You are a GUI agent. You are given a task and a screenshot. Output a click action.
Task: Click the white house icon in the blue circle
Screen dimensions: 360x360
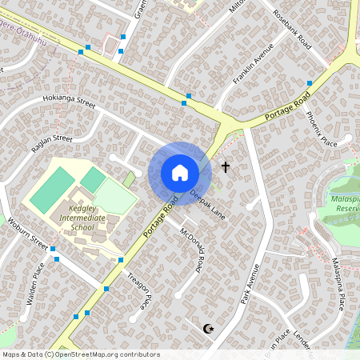[180, 173]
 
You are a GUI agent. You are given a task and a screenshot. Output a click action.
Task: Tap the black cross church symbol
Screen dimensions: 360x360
[226, 167]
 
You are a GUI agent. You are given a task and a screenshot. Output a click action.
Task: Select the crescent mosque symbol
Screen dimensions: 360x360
[210, 328]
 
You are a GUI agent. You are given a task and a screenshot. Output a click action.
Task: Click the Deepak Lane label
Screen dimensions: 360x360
[208, 204]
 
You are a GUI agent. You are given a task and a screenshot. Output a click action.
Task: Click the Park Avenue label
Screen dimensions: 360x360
[250, 284]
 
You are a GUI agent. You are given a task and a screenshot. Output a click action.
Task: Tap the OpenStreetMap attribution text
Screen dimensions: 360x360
[80, 354]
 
